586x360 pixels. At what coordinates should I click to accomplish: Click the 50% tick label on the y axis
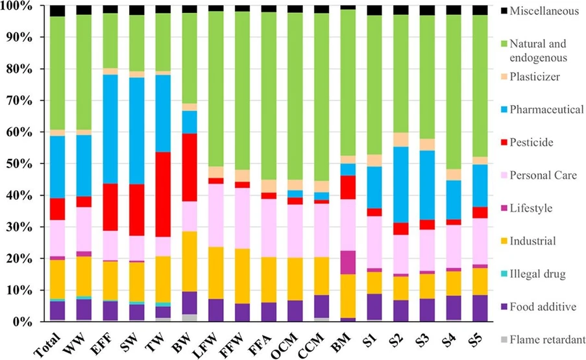point(16,163)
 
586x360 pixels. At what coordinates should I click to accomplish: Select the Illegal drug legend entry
point(539,274)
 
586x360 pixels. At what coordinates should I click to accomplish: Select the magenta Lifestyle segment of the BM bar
point(348,262)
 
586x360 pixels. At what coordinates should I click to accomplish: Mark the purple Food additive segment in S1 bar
point(374,307)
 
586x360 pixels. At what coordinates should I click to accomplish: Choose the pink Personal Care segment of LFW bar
point(216,215)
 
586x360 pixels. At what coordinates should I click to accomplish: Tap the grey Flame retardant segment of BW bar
point(189,317)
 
